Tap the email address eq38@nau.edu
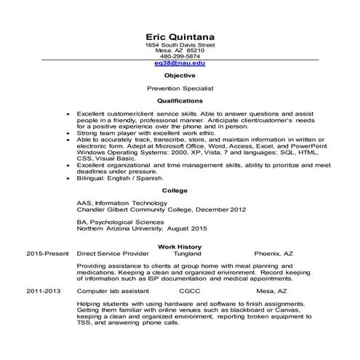coord(180,63)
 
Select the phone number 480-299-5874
coord(180,56)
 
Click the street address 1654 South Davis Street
coord(180,44)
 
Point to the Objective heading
coord(180,76)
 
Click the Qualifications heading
coord(180,101)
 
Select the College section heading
coord(175,190)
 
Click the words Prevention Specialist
coord(180,88)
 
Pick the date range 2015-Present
coord(46,256)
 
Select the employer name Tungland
coord(190,256)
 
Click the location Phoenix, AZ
coord(274,256)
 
